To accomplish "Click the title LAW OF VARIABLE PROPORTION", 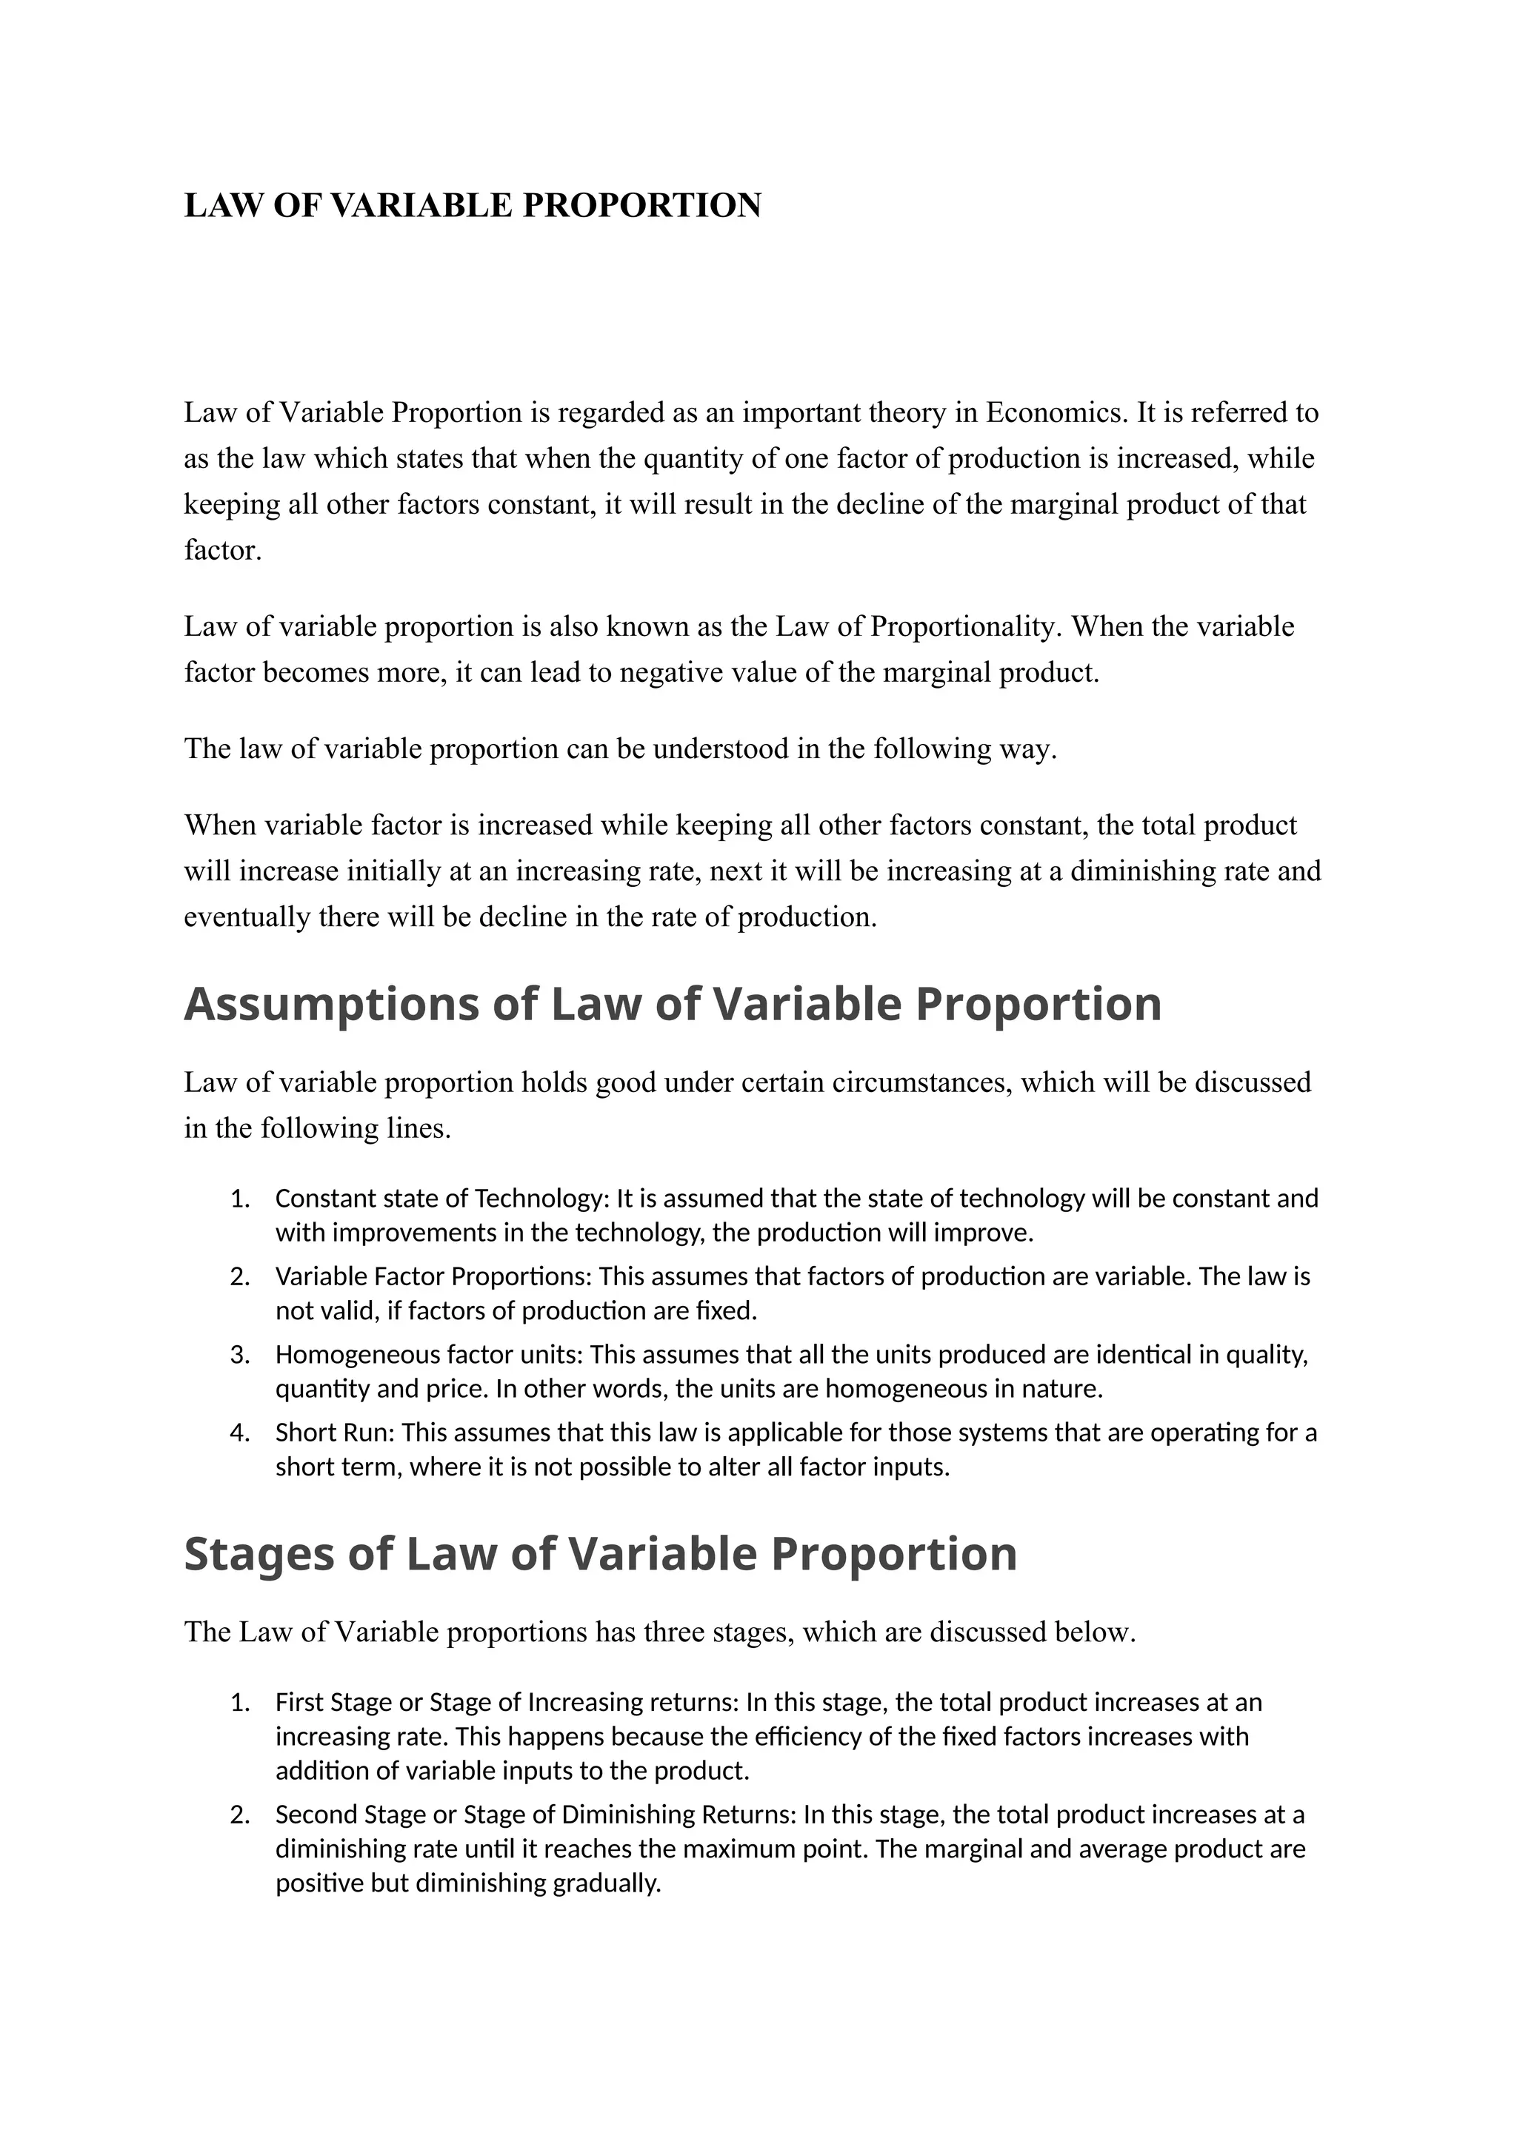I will click(x=473, y=205).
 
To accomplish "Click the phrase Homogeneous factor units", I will click(x=430, y=1354).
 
